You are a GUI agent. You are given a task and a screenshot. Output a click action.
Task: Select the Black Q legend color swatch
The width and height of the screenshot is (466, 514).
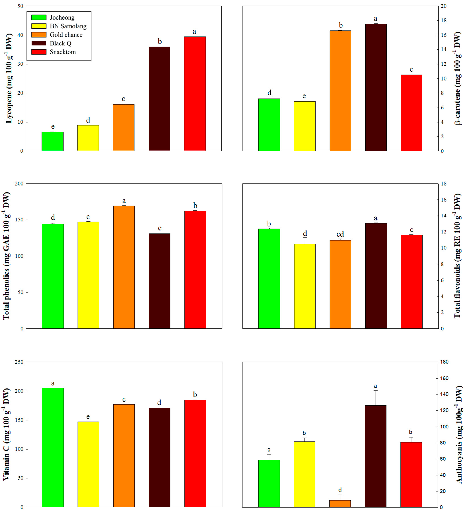point(39,43)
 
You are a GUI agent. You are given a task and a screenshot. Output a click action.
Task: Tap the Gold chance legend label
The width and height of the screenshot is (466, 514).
point(66,35)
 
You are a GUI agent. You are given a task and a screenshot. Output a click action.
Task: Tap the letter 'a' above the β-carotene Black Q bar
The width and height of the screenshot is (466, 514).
point(375,19)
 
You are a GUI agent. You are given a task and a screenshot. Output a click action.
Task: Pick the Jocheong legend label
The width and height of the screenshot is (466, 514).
point(62,17)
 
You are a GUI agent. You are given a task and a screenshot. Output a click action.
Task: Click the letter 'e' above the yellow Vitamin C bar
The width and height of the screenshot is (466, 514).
point(88,417)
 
